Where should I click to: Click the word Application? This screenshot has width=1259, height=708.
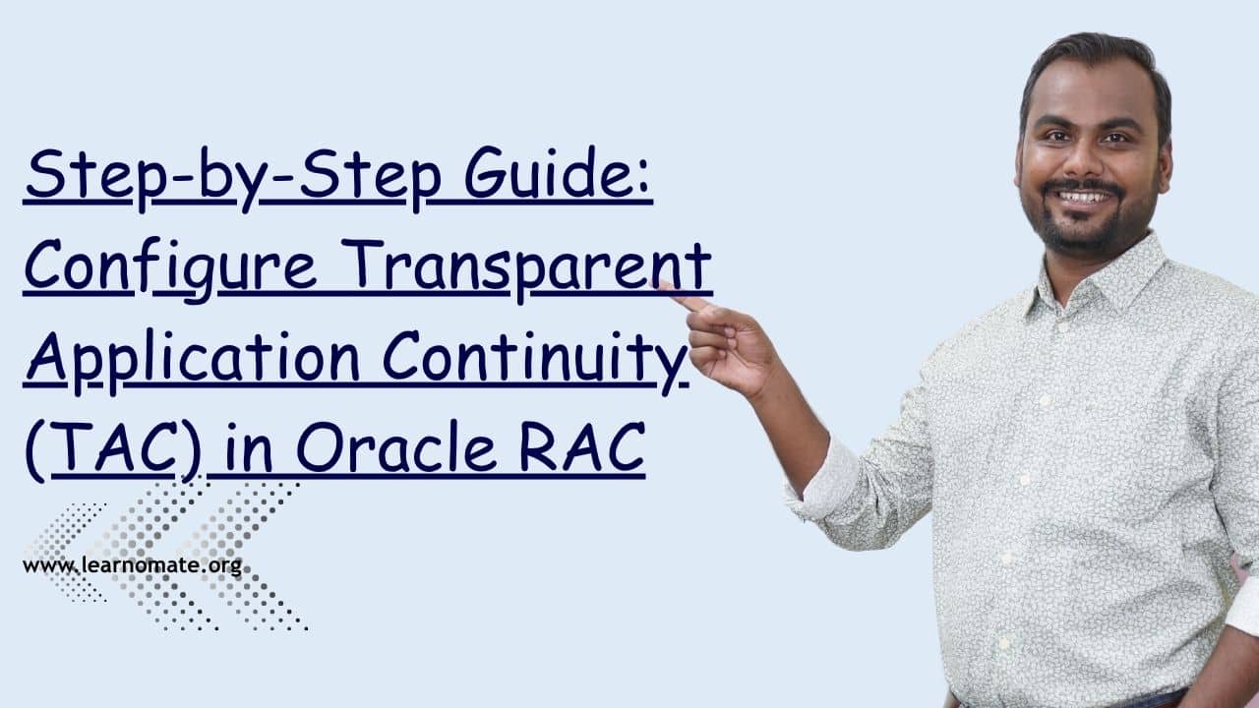[x=193, y=359]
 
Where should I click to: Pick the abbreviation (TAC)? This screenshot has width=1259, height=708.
[x=113, y=449]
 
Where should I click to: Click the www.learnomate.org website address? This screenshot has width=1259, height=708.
[x=132, y=566]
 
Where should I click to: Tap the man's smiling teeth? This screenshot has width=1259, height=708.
[x=1085, y=197]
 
